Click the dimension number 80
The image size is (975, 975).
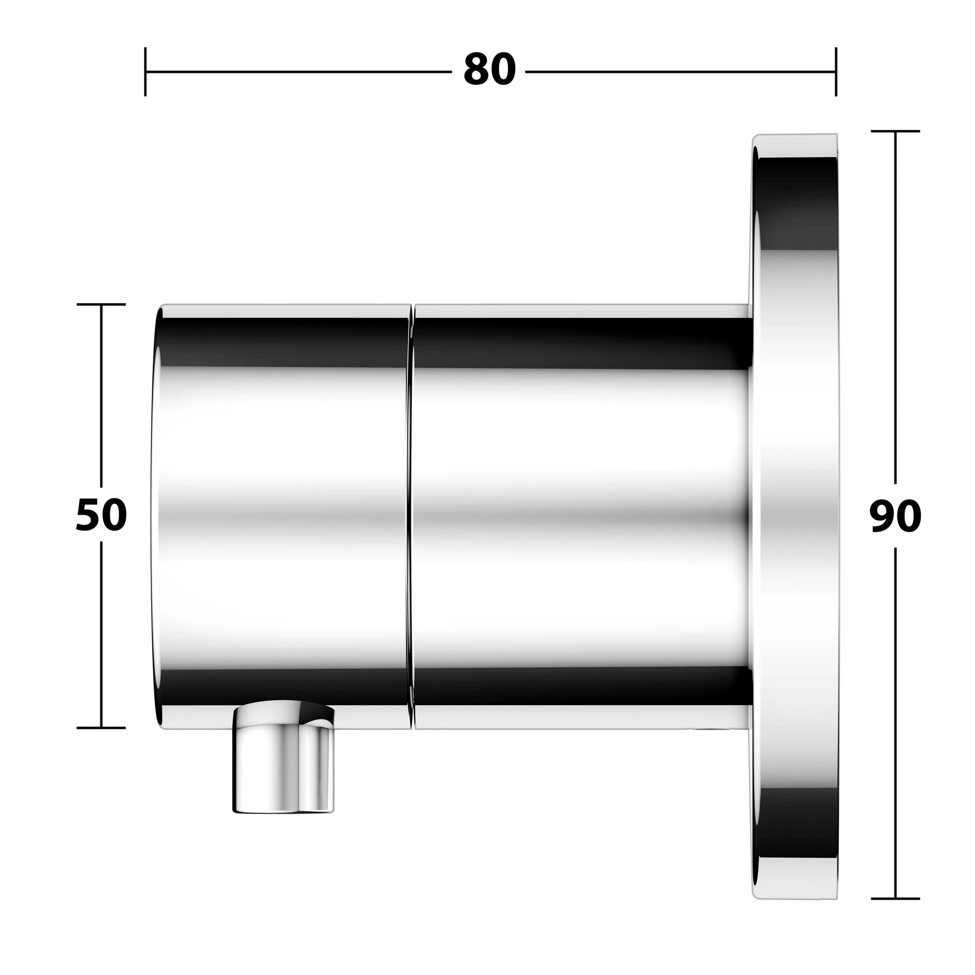tap(489, 70)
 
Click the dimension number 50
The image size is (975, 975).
tap(101, 515)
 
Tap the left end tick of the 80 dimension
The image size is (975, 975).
tap(145, 72)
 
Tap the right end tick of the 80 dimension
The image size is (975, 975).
tap(836, 72)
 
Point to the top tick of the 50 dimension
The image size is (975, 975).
tap(101, 304)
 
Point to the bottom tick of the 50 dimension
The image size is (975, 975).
tap(101, 728)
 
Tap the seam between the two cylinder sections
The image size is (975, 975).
tap(411, 515)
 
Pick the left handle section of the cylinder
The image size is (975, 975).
tap(283, 515)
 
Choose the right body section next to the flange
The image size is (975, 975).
tap(580, 515)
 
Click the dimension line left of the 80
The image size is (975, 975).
tap(298, 72)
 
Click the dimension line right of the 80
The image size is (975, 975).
tap(681, 72)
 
